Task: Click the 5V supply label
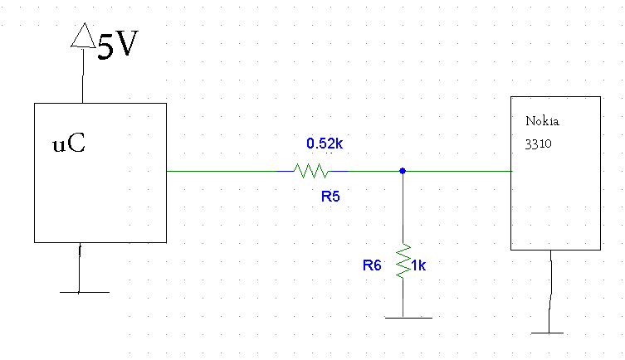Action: [117, 46]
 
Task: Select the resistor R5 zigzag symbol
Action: [311, 171]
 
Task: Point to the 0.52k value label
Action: [325, 144]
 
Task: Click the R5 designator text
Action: [331, 197]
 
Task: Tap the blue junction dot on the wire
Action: [402, 171]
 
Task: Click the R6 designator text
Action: [372, 265]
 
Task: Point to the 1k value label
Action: [418, 265]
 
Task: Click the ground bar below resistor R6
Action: [408, 317]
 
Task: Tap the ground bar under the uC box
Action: [84, 292]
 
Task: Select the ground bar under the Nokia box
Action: [551, 333]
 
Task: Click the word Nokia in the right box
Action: [542, 121]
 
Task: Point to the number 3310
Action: [538, 143]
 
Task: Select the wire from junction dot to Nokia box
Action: [457, 171]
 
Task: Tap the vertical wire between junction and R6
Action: [403, 207]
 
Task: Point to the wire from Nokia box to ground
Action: [551, 290]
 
